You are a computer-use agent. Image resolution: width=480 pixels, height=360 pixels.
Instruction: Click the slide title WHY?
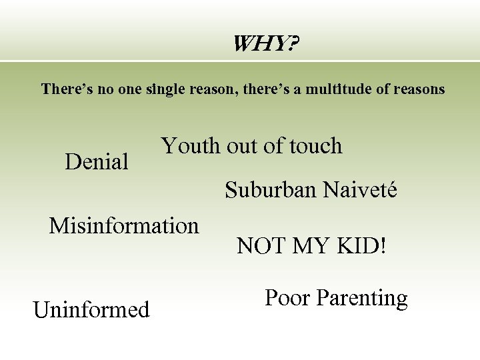point(265,45)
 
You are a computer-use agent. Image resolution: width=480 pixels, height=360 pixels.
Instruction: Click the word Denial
point(97,161)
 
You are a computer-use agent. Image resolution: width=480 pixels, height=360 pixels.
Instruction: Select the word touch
point(313,145)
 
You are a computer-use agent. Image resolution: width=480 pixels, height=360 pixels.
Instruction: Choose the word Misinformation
point(124,226)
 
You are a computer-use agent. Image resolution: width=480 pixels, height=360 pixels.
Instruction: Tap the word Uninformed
point(91,310)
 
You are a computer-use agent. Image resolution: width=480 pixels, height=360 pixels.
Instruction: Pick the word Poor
point(287,297)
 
